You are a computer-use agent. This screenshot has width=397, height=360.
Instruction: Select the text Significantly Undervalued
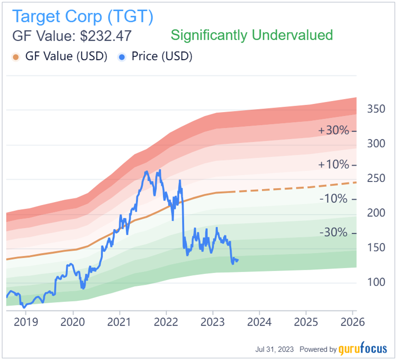pos(252,35)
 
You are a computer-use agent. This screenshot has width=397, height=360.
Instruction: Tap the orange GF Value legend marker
pos(16,57)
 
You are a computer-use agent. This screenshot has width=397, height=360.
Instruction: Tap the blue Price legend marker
pos(122,57)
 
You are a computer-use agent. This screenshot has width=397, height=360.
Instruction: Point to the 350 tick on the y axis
pos(376,109)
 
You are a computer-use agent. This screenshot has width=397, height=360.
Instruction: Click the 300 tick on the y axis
pos(376,144)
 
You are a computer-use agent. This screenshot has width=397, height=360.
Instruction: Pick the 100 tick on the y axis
pos(376,283)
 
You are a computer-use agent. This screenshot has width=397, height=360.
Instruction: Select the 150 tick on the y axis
pos(376,248)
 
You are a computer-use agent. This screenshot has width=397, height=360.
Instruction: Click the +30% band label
pos(333,130)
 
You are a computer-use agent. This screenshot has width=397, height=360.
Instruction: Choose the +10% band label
pos(333,165)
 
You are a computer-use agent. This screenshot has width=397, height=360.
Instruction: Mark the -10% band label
pos(333,199)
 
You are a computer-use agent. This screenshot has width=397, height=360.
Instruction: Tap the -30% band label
pos(333,233)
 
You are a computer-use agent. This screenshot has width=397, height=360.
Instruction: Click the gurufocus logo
pos(363,349)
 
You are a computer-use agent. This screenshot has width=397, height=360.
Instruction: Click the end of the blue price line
pos(238,260)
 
